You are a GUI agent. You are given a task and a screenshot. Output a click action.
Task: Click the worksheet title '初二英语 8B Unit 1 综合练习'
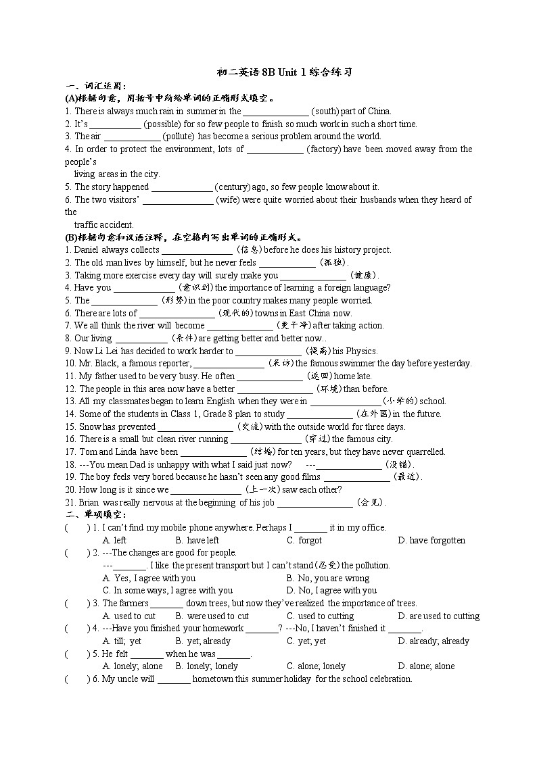pyautogui.click(x=284, y=72)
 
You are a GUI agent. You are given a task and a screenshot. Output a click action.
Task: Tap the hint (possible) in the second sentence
pyautogui.click(x=163, y=124)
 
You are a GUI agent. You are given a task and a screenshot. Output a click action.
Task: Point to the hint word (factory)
pyautogui.click(x=324, y=149)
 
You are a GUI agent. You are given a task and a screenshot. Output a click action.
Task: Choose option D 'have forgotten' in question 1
pyautogui.click(x=437, y=540)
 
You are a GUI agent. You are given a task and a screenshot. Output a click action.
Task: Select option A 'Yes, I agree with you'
pyautogui.click(x=149, y=578)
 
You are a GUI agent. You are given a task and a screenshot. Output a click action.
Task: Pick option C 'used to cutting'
pyautogui.click(x=320, y=616)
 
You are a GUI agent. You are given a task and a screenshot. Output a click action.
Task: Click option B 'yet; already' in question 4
pyautogui.click(x=202, y=641)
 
